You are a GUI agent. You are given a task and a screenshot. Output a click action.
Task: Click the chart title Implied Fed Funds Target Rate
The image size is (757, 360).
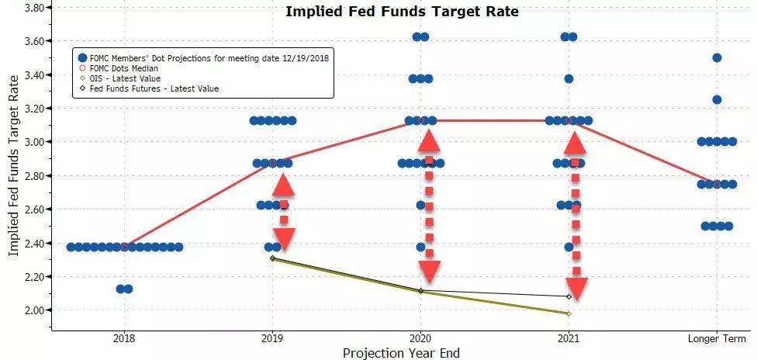click(402, 12)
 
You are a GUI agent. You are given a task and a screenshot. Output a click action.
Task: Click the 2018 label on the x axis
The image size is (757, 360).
click(124, 339)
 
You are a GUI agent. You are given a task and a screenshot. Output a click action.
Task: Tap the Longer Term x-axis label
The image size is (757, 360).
click(717, 339)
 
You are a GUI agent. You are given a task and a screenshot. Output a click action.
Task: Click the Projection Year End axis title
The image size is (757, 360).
click(401, 353)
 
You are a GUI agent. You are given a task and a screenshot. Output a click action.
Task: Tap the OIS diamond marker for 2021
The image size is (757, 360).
click(569, 313)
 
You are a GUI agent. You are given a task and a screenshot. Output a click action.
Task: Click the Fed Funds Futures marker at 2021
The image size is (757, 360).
click(569, 296)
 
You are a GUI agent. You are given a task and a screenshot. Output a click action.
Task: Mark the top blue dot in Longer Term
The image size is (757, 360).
click(717, 58)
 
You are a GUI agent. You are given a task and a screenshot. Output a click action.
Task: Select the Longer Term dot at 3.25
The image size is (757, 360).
click(717, 99)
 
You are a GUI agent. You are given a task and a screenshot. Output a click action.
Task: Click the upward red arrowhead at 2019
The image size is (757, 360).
click(284, 184)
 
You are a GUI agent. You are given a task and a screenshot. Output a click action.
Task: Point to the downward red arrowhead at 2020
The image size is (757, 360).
click(428, 272)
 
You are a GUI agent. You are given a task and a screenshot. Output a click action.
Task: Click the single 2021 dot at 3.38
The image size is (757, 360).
click(569, 78)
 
